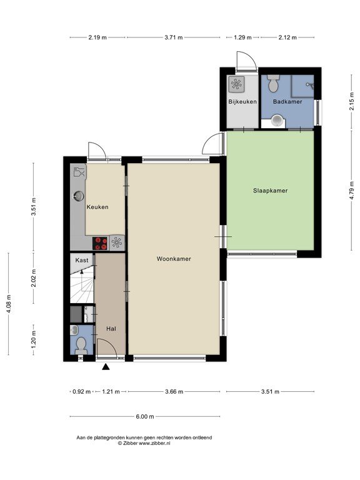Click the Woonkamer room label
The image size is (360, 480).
point(174,259)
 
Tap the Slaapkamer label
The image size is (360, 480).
point(270,191)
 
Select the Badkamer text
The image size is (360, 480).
point(287,102)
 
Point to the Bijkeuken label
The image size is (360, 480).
point(242,102)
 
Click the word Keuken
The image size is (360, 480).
point(97,207)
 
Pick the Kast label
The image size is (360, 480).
point(82,260)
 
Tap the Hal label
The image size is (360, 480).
point(111,329)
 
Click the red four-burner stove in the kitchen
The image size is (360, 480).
point(100,243)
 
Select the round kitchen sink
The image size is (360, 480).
point(79,196)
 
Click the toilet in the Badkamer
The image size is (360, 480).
point(272,83)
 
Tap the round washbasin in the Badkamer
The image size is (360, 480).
point(277,120)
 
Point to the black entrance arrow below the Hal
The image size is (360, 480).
point(106,367)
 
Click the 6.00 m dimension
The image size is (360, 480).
point(145,417)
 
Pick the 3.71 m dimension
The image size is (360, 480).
point(174,37)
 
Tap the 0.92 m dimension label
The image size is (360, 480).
point(81,391)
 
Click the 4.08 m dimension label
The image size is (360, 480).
point(9,304)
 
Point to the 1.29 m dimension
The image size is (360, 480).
point(242,37)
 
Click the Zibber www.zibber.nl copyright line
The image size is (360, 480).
point(144,443)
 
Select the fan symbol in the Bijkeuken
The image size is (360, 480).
point(236,84)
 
